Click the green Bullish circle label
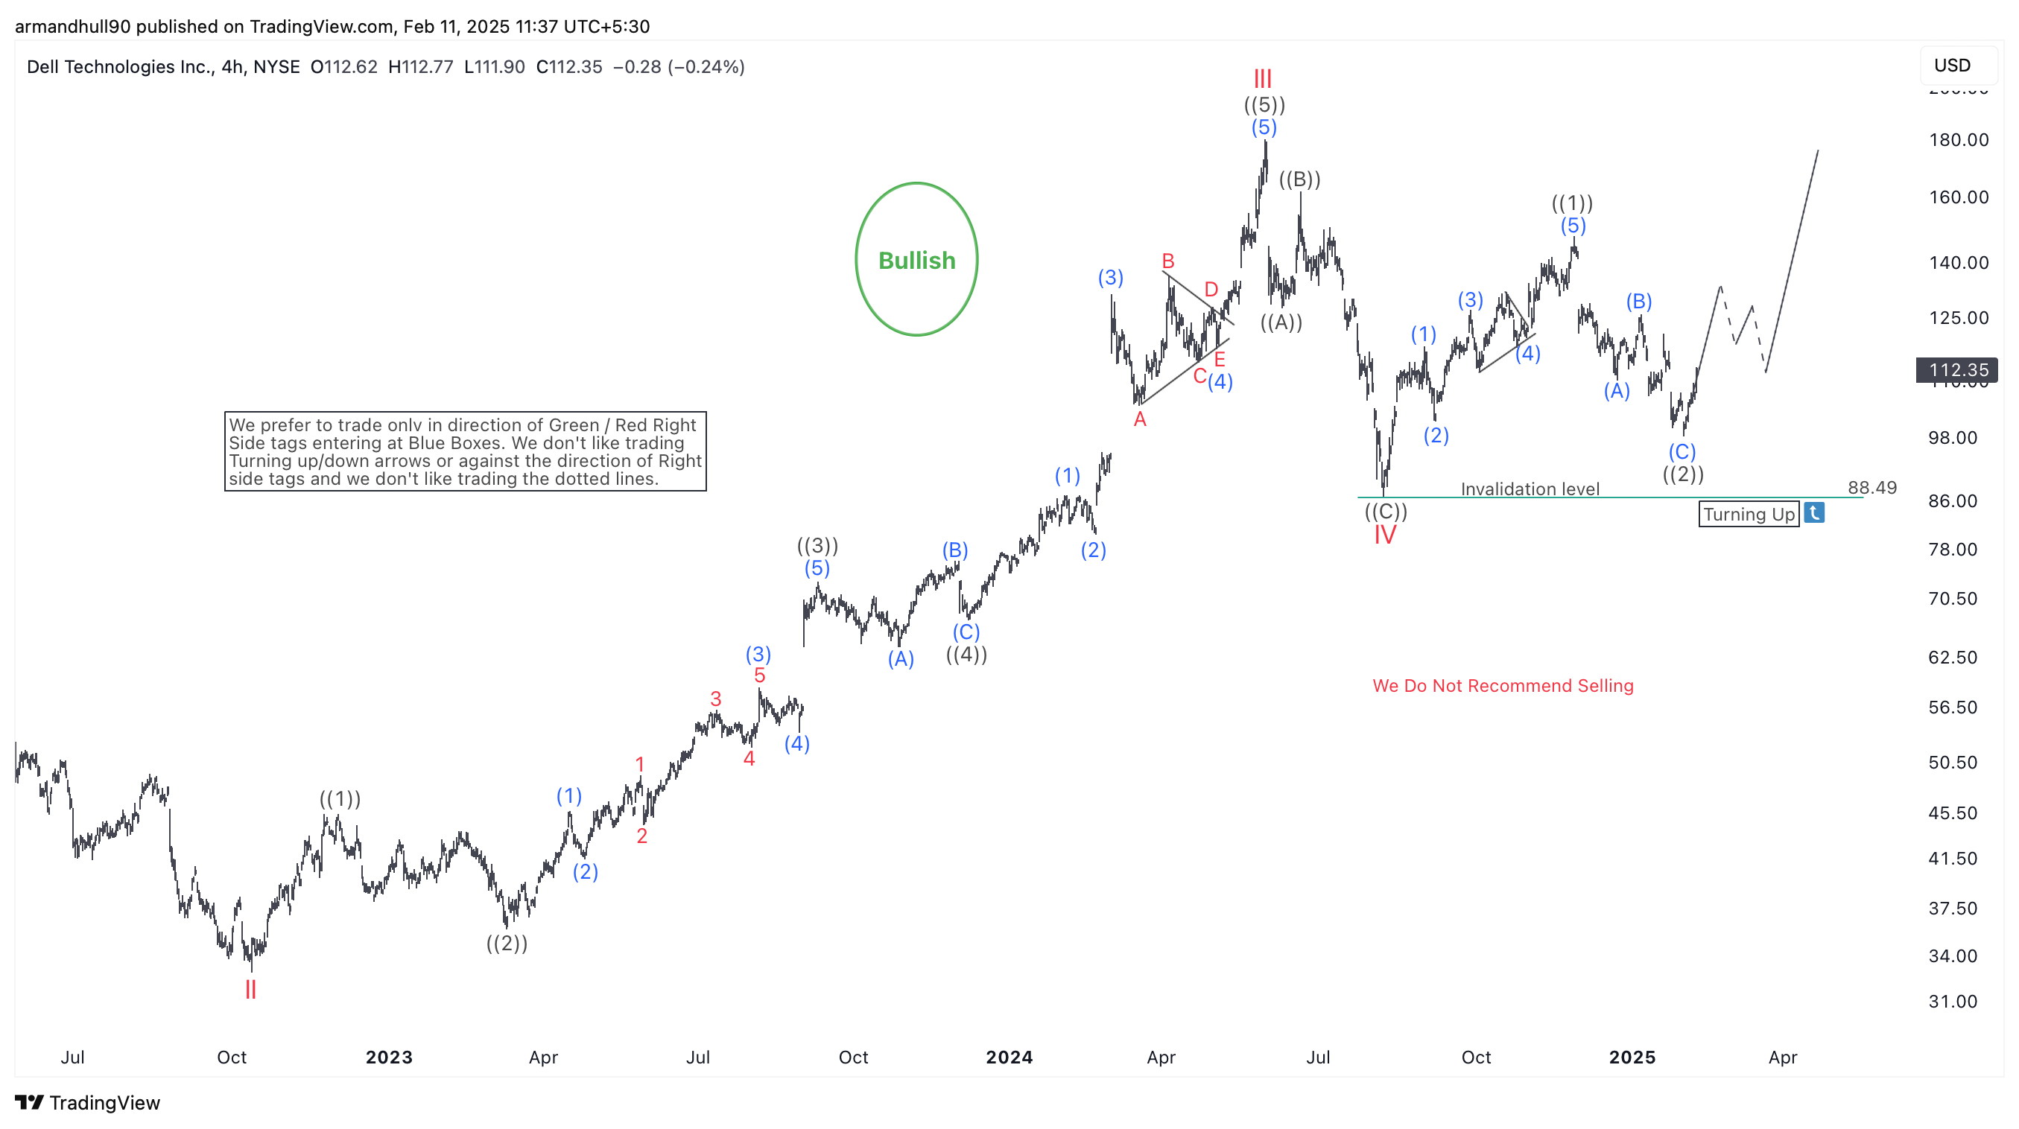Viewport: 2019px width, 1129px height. (x=916, y=260)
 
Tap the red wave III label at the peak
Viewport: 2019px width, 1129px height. (x=1262, y=78)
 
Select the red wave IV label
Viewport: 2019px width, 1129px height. (x=1384, y=535)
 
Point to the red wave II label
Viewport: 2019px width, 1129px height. (x=251, y=990)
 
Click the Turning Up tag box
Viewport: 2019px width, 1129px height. (x=1749, y=514)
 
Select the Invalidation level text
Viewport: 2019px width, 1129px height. (x=1529, y=489)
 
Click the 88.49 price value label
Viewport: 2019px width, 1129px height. (x=1871, y=487)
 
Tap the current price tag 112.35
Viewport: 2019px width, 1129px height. (x=1957, y=369)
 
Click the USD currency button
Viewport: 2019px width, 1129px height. (x=1952, y=65)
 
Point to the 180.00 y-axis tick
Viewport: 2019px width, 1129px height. (x=1958, y=139)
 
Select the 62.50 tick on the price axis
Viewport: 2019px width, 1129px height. (x=1953, y=658)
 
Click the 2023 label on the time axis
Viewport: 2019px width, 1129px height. (x=389, y=1057)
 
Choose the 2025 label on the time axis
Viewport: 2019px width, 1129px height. (x=1632, y=1057)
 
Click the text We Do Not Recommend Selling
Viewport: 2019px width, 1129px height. (x=1503, y=686)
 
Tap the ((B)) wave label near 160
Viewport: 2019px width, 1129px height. (x=1299, y=179)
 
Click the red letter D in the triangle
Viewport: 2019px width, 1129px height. (x=1211, y=289)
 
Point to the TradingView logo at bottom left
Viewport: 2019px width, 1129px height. (x=87, y=1102)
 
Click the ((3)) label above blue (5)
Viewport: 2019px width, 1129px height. (x=817, y=545)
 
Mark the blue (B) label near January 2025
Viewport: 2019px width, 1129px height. (x=1638, y=301)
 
